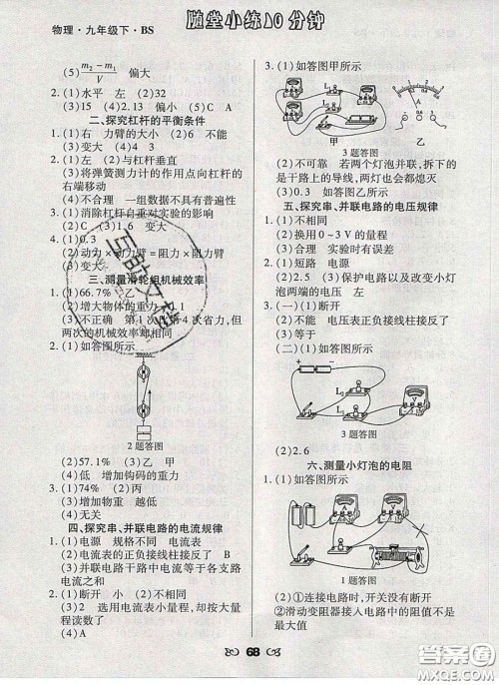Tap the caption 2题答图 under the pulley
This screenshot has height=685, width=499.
pyautogui.click(x=144, y=442)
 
